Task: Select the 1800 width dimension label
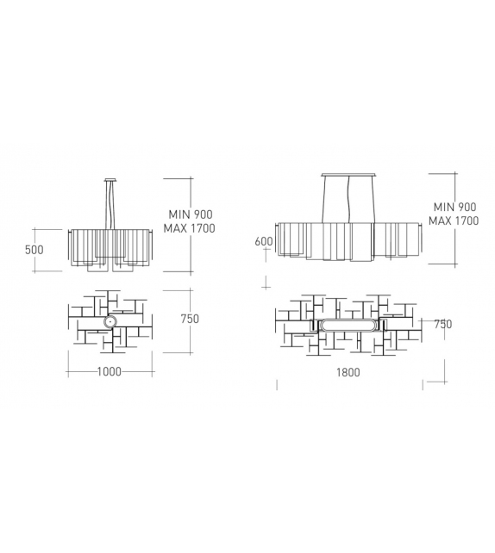click(348, 372)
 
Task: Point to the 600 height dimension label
click(264, 241)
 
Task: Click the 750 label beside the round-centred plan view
click(190, 319)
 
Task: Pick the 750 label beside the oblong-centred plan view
click(442, 325)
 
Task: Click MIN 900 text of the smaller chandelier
click(191, 214)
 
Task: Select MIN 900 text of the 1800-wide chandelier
click(454, 208)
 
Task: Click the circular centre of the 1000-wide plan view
click(110, 323)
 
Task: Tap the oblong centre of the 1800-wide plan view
click(348, 326)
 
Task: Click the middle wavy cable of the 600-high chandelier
click(348, 198)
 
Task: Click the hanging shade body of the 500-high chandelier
click(110, 245)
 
